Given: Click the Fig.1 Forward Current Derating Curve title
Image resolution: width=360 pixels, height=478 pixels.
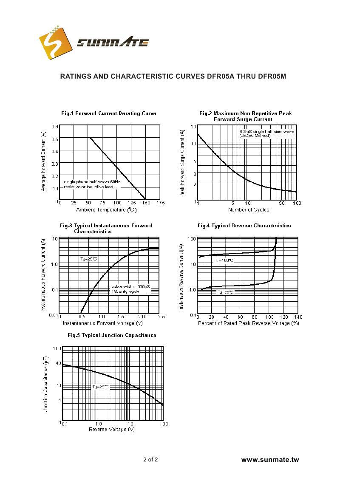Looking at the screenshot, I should (108, 113).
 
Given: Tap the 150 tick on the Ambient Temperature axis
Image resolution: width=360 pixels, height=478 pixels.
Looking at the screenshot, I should (146, 203).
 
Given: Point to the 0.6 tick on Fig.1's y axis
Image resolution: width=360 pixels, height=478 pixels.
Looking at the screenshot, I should (55, 127).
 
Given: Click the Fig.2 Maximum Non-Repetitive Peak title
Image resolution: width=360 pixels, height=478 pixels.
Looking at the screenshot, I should (245, 113).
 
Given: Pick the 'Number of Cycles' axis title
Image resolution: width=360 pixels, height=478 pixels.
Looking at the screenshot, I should (248, 210).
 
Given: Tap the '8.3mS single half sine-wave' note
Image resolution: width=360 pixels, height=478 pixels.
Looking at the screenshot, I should (266, 132).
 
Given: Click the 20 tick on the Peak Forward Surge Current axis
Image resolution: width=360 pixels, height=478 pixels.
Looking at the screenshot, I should (193, 127).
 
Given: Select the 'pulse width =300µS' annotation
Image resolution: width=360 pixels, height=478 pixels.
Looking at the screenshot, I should (130, 287).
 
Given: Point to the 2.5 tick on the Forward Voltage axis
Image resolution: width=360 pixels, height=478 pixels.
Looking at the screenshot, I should (161, 317).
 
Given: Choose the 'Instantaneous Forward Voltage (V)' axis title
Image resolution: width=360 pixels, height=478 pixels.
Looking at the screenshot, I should (102, 323).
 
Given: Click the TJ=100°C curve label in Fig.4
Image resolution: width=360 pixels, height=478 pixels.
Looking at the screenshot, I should (224, 260).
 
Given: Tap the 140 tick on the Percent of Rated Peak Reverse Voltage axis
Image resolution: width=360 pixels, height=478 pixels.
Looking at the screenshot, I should (298, 317).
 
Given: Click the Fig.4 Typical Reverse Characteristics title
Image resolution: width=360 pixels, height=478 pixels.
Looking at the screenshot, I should (244, 226).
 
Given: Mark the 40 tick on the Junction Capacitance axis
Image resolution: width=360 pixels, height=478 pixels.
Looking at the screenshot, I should (58, 363).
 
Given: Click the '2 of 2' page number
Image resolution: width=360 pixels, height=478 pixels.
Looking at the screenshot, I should (150, 459).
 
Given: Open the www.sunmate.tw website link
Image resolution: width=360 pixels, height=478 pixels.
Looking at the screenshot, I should (270, 460).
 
